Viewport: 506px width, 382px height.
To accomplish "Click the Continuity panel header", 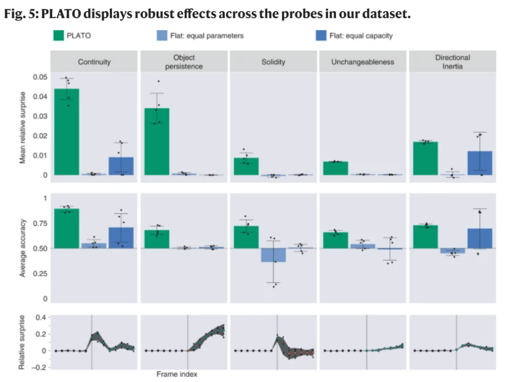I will coord(94,62).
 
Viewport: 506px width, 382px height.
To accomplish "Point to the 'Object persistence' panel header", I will coord(184,62).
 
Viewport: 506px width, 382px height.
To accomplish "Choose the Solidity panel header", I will coord(273,62).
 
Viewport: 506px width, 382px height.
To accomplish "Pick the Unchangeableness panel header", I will coord(363,62).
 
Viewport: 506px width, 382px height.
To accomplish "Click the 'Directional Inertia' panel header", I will coord(452,62).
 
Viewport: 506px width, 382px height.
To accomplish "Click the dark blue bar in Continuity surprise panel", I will coord(121,166).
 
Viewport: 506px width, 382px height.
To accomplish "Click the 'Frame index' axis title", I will coord(177,374).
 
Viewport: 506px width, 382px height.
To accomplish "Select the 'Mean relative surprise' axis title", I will coord(22,127).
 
